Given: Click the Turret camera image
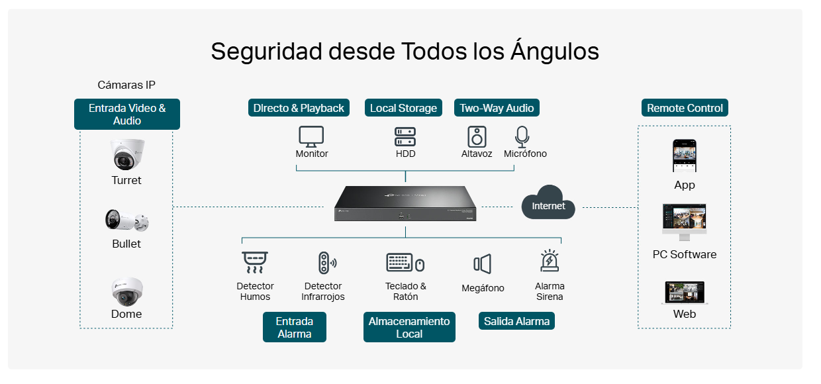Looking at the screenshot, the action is point(127,154).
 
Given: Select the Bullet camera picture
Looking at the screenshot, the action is point(127,220).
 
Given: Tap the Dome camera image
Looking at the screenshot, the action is point(127,291).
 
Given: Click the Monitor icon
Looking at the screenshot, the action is point(311,136).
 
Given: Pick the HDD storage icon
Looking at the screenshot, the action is point(405,136).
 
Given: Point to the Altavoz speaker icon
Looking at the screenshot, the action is point(477,136).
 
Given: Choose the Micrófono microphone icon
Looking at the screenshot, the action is point(522,136).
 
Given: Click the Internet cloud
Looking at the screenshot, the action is point(548,203).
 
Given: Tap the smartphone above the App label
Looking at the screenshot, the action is point(685,156).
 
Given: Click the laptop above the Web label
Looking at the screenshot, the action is point(685,293).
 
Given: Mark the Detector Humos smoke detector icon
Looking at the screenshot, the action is point(255,262).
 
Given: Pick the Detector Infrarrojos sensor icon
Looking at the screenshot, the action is point(327,263).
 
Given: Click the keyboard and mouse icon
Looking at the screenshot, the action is point(405,262).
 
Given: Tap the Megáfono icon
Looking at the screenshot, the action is point(482,264).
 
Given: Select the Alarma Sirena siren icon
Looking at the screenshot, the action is point(550,260).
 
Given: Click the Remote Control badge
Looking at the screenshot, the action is point(685,108).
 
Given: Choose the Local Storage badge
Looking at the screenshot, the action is point(403,108).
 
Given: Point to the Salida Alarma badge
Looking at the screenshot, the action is point(516,321).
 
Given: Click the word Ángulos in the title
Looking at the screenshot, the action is point(555,51).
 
